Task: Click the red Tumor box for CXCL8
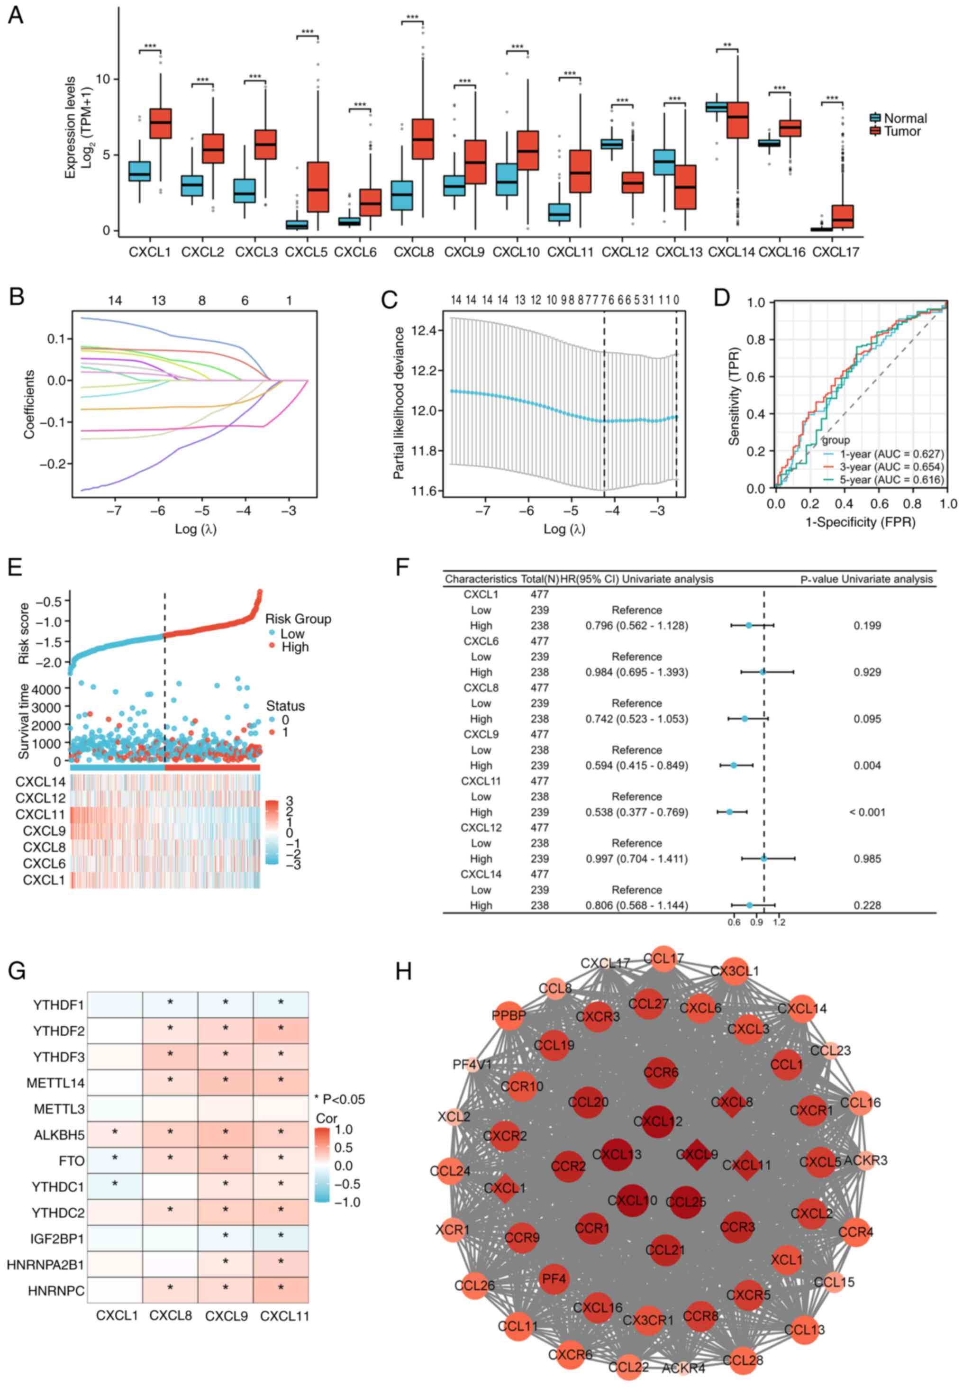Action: pyautogui.click(x=422, y=139)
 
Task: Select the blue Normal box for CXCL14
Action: pyautogui.click(x=716, y=107)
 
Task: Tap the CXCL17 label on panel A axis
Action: pyautogui.click(x=835, y=252)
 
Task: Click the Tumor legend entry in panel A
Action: pyautogui.click(x=901, y=132)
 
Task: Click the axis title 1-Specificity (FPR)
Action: pyautogui.click(x=861, y=521)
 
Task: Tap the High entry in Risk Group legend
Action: pyautogui.click(x=294, y=647)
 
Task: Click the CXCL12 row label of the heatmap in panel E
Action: pyautogui.click(x=40, y=798)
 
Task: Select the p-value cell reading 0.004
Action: pyautogui.click(x=867, y=766)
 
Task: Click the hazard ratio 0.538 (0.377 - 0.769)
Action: pyautogui.click(x=636, y=812)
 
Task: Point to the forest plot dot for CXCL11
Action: pyautogui.click(x=729, y=812)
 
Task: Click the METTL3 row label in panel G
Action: pyautogui.click(x=59, y=1109)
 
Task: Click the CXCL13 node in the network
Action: pyautogui.click(x=617, y=1155)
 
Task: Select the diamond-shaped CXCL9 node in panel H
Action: pyautogui.click(x=698, y=1155)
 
